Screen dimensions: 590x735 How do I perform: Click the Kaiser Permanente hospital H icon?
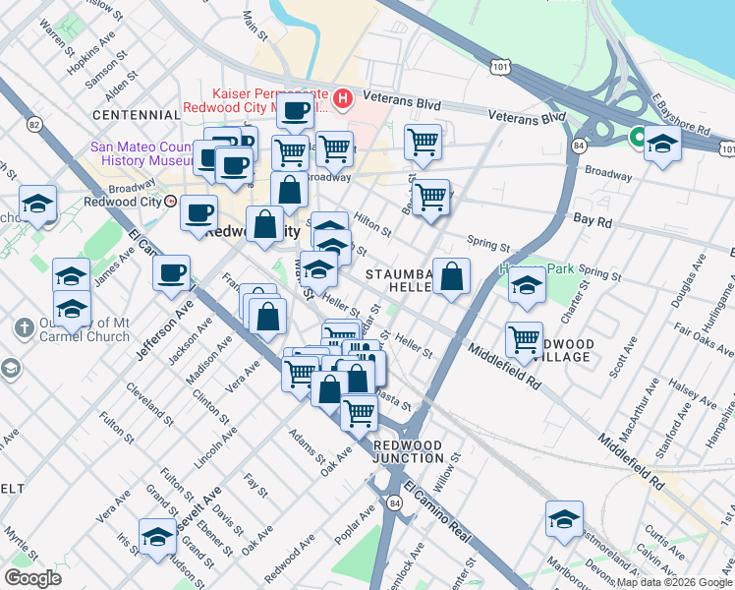343,98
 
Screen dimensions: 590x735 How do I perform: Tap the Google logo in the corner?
32,578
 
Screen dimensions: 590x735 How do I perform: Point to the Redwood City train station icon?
171,201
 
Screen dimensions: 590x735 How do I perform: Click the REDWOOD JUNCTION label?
408,451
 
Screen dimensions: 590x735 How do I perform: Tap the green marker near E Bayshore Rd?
638,137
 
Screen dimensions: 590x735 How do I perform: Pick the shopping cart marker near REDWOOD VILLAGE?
524,339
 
